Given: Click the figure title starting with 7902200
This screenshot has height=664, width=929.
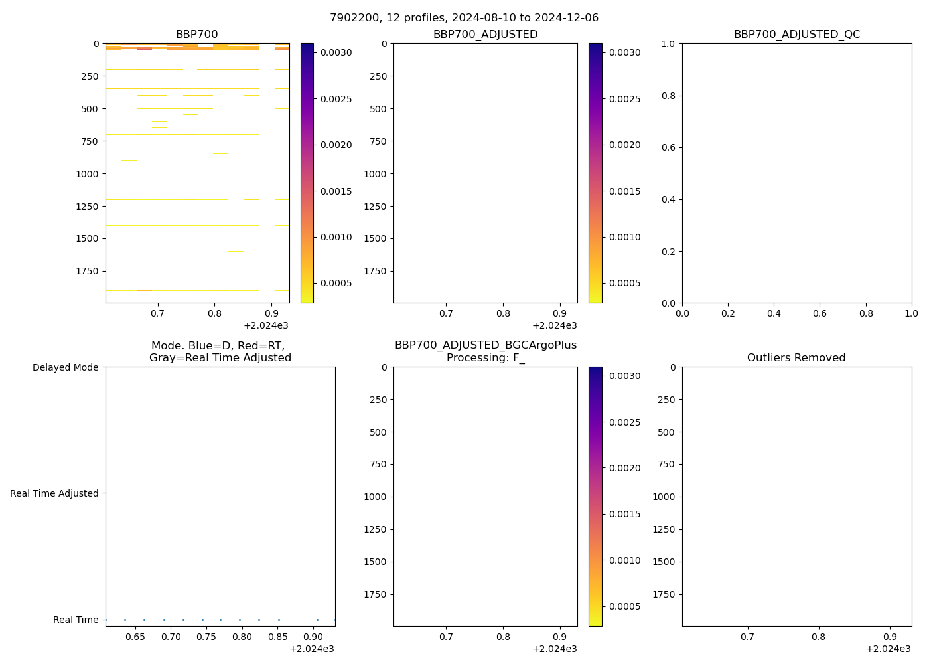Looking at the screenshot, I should [x=464, y=18].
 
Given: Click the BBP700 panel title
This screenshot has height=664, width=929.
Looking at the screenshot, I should [x=196, y=35].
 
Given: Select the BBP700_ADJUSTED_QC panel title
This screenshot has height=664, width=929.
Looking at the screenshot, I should [x=796, y=35].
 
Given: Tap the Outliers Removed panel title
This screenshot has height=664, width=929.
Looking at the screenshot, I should [x=796, y=358].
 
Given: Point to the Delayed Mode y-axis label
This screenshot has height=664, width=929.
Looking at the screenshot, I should [x=65, y=367].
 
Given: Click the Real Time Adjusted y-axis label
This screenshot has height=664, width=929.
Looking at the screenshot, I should [x=54, y=493].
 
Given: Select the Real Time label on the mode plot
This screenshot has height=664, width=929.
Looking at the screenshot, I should [x=76, y=620].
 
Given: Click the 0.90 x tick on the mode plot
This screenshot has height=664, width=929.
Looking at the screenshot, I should [x=314, y=637].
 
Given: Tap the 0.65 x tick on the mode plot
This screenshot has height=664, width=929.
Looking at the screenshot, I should [x=135, y=637].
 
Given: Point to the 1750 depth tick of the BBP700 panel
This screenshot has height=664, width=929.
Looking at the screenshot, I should [x=88, y=271].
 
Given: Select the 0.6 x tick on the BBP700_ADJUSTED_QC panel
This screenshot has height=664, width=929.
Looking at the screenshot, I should [x=820, y=313].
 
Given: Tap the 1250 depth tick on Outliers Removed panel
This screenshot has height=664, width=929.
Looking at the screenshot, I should [x=664, y=529].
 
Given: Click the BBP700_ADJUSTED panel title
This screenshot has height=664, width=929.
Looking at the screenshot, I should [x=485, y=35].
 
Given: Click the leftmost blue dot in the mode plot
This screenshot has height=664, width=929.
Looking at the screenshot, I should [x=125, y=620].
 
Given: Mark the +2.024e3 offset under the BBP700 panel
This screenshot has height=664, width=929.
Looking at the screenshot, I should [x=265, y=325].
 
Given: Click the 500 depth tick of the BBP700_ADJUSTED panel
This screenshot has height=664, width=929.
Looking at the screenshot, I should [x=379, y=109].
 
